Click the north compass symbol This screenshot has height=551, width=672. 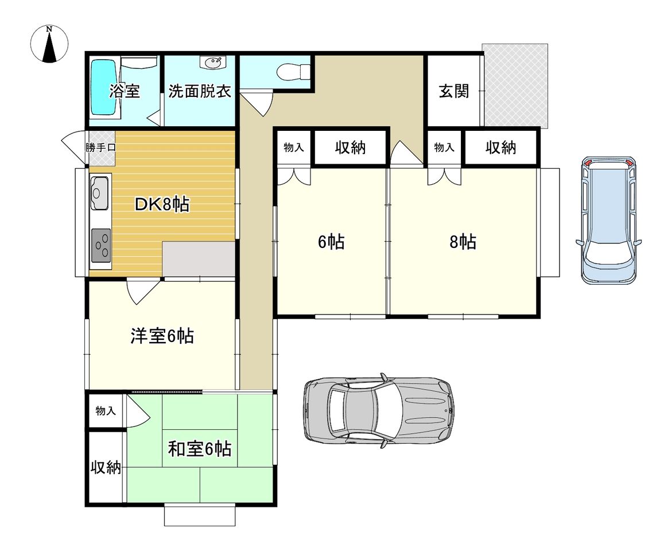[50, 44]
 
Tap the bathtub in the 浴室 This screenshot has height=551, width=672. [104, 87]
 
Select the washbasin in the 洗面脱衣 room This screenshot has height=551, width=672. [212, 63]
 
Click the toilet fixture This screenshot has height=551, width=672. [293, 72]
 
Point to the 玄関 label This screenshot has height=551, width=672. [454, 91]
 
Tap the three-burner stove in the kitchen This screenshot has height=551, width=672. [101, 245]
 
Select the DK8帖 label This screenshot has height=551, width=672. [162, 204]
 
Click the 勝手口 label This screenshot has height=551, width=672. [101, 148]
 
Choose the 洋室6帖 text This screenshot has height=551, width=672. [162, 336]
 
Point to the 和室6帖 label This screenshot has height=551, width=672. [200, 449]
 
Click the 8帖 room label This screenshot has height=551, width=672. [463, 242]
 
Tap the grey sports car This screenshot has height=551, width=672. [379, 411]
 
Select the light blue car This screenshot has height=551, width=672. [608, 220]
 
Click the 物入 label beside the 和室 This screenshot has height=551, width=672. [106, 411]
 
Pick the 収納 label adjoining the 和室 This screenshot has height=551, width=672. [106, 467]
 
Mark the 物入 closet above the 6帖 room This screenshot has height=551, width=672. [294, 148]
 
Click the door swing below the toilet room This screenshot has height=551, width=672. [257, 103]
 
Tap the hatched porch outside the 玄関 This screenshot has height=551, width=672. [515, 86]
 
